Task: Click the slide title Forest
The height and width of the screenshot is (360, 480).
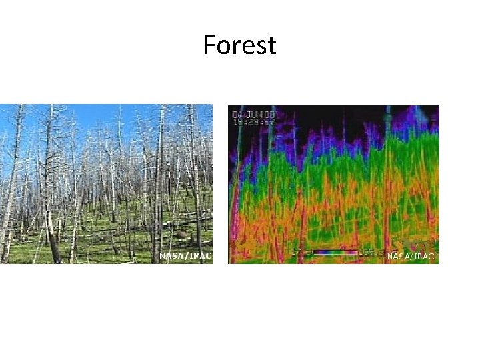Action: tap(239, 45)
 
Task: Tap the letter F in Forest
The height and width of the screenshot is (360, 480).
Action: tap(209, 45)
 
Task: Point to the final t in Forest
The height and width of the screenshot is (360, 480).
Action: tap(271, 45)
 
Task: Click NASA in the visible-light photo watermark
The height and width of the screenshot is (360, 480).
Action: tap(170, 256)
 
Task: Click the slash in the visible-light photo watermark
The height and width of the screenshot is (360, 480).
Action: tap(185, 256)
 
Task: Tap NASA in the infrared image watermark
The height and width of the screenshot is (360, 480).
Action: tap(398, 256)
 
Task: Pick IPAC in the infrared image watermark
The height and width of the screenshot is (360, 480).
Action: tap(425, 256)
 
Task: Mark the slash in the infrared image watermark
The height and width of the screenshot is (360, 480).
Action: tap(412, 256)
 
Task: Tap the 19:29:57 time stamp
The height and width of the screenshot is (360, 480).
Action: tap(254, 122)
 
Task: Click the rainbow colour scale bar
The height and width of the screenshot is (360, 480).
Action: tap(337, 253)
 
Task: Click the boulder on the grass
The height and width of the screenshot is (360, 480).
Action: tap(180, 235)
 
